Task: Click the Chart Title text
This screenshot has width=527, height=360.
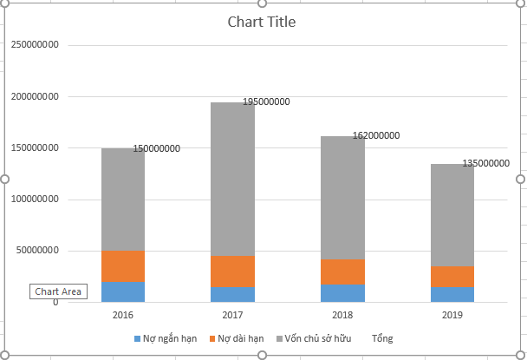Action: click(261, 22)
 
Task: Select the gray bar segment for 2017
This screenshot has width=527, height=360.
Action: click(232, 179)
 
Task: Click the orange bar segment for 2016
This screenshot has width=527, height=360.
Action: click(122, 266)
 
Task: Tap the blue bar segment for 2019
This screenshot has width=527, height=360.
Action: click(452, 294)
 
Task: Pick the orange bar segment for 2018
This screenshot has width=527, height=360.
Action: click(342, 272)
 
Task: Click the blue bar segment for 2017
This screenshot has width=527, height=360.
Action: click(232, 294)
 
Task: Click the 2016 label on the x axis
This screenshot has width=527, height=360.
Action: click(122, 314)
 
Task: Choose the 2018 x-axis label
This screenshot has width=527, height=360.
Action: click(342, 314)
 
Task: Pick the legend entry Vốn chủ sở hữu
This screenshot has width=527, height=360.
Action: click(320, 338)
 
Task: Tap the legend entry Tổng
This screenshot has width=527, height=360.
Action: click(382, 338)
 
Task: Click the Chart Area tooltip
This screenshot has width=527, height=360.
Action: click(58, 291)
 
